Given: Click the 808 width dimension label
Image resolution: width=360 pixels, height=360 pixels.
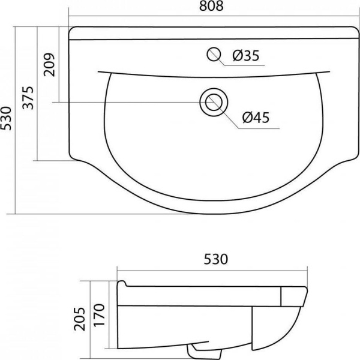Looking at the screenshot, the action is (211, 6).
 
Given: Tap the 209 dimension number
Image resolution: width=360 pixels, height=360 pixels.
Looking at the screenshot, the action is (50, 65).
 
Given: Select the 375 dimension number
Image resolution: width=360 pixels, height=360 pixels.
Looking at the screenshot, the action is (28, 98).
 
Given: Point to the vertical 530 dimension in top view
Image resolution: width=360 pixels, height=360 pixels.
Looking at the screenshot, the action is (6, 118).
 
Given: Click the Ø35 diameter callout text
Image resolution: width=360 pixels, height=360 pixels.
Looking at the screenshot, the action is (246, 56).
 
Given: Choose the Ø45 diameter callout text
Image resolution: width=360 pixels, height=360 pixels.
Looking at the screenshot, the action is (256, 118).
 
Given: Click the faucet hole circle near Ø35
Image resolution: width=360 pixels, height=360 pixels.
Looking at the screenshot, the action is (214, 54).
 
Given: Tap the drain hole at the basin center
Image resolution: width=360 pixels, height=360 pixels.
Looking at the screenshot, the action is (214, 102).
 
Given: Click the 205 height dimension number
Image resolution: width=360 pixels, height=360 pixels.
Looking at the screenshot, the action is (79, 319).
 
